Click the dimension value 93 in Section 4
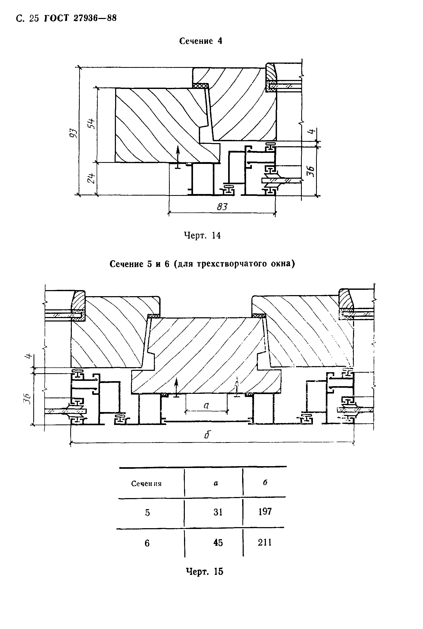click(74, 134)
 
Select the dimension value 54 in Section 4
click(92, 124)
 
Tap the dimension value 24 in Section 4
click(92, 178)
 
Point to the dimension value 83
click(222, 206)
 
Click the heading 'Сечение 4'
click(201, 41)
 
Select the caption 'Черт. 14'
click(202, 236)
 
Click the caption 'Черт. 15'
click(205, 571)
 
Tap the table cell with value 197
click(265, 512)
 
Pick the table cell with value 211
click(265, 542)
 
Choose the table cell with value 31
click(218, 512)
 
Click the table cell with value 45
click(218, 542)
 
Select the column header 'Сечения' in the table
click(146, 484)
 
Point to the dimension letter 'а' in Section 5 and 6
click(206, 405)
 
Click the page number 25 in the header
click(34, 18)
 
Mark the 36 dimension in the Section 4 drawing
click(311, 171)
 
